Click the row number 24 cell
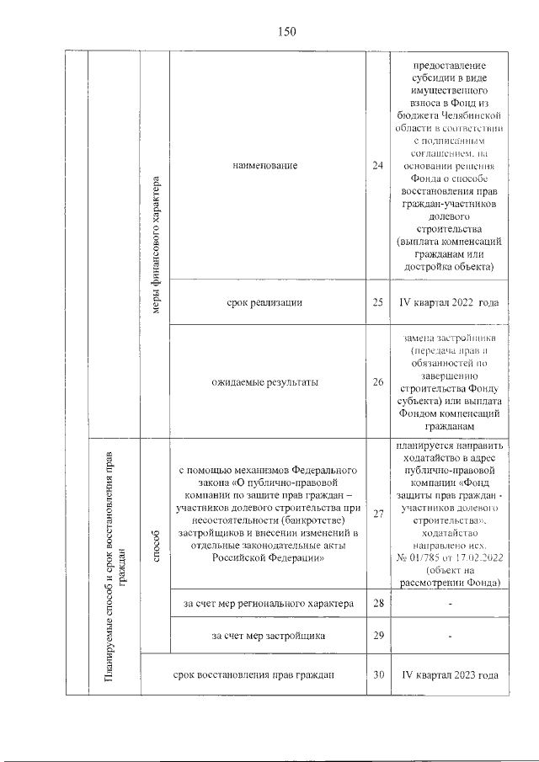[377, 166]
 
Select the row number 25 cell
[377, 302]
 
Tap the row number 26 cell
[377, 381]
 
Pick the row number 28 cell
[377, 604]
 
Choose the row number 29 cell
[377, 635]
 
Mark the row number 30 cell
[377, 674]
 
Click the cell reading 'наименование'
[268, 166]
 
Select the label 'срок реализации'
[268, 302]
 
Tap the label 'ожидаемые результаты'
[268, 381]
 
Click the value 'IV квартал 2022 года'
[448, 302]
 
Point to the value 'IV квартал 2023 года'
[448, 674]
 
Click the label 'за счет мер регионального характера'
[268, 604]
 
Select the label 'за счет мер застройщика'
[268, 635]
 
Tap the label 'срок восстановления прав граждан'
[253, 674]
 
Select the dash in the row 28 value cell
[448, 604]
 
